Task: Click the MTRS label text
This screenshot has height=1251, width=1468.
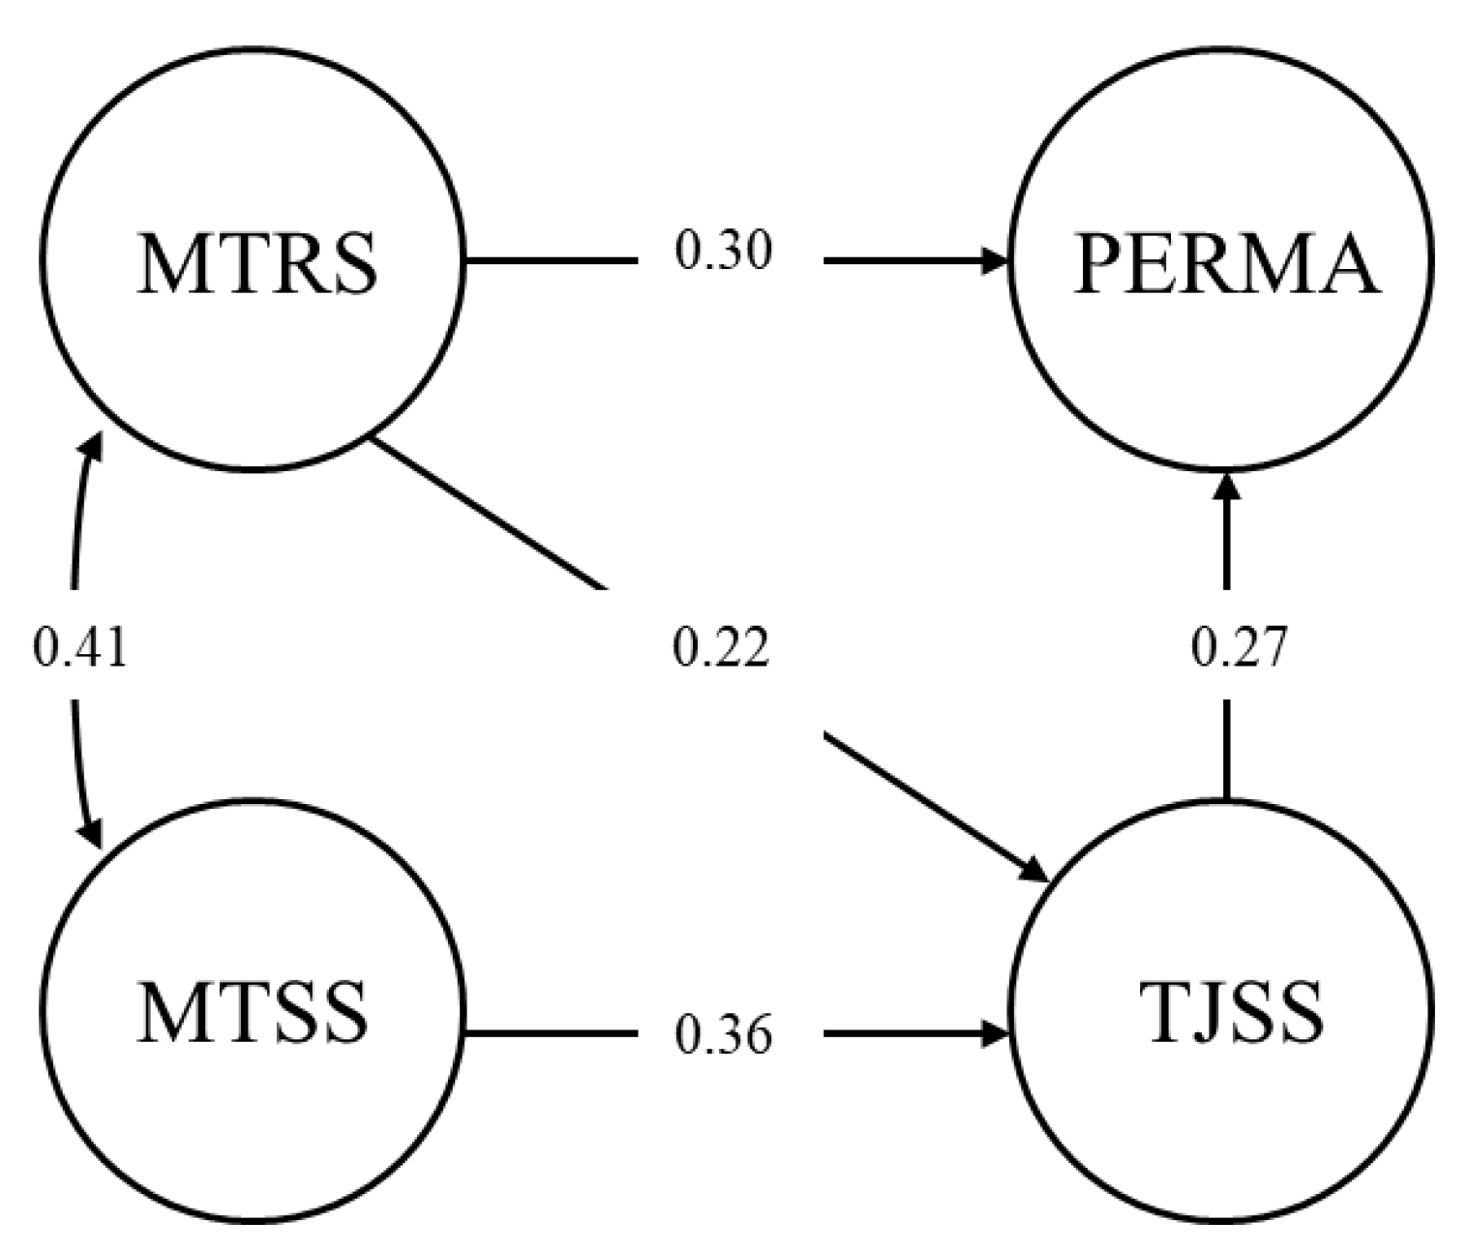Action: point(256,263)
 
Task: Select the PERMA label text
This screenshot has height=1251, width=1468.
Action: point(1225,265)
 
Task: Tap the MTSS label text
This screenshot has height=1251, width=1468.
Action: point(253,1013)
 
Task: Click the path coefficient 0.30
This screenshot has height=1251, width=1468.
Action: point(723,252)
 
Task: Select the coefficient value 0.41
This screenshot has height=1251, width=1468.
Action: point(79,646)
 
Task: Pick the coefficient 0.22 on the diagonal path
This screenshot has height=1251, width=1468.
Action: point(721,646)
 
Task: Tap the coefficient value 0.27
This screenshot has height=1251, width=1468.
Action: point(1240,646)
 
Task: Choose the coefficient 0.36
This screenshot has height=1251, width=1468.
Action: point(723,1034)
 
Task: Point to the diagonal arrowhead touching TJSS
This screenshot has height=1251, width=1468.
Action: point(1034,869)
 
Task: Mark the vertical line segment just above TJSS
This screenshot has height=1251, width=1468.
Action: point(1227,750)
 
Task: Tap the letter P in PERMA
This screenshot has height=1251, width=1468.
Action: point(1096,265)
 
